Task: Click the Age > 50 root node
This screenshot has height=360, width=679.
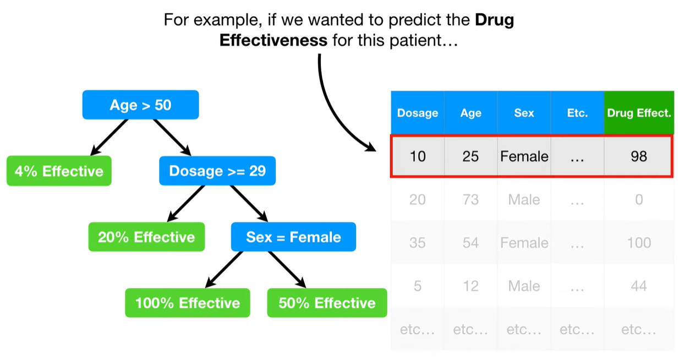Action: pyautogui.click(x=141, y=105)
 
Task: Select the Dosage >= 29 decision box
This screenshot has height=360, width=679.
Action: pyautogui.click(x=217, y=171)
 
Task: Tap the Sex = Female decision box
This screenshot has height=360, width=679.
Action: pyautogui.click(x=293, y=237)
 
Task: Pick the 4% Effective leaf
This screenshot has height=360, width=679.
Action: pyautogui.click(x=59, y=171)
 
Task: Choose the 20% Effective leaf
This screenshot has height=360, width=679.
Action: pyautogui.click(x=146, y=237)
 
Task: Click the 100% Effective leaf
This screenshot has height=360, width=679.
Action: pyautogui.click(x=188, y=303)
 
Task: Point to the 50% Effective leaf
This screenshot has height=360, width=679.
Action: pyautogui.click(x=327, y=303)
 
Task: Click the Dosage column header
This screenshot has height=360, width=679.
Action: pyautogui.click(x=418, y=113)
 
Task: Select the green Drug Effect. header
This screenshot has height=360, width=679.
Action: pyautogui.click(x=639, y=113)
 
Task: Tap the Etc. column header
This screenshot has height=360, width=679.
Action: pyautogui.click(x=577, y=113)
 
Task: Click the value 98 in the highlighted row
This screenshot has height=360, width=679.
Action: pyautogui.click(x=639, y=156)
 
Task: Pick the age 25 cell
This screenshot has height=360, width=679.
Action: pyautogui.click(x=470, y=156)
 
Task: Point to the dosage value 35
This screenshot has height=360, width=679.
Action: pyautogui.click(x=418, y=243)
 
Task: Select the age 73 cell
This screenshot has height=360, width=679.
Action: pyautogui.click(x=470, y=200)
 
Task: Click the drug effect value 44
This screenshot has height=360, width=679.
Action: pyautogui.click(x=639, y=286)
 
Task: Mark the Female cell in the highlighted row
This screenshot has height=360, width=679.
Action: pyautogui.click(x=524, y=156)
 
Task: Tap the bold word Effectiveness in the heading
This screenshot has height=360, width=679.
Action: pyautogui.click(x=273, y=40)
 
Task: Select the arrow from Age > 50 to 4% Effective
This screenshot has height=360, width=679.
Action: pyautogui.click(x=109, y=138)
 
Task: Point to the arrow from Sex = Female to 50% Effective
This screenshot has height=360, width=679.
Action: pyautogui.click(x=287, y=270)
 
